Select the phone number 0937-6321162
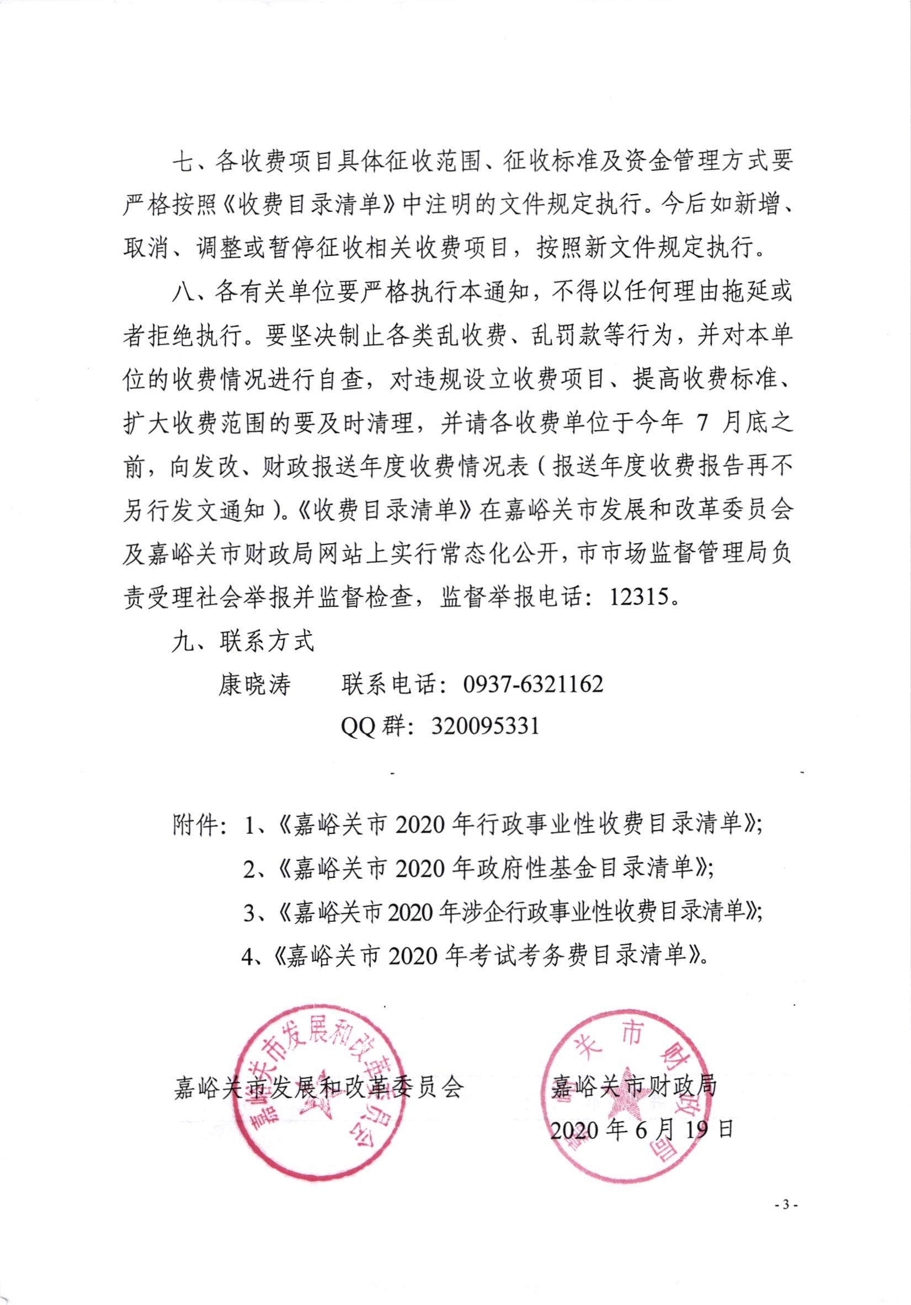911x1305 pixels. tap(534, 684)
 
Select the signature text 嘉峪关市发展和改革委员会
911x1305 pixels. tap(319, 1087)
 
